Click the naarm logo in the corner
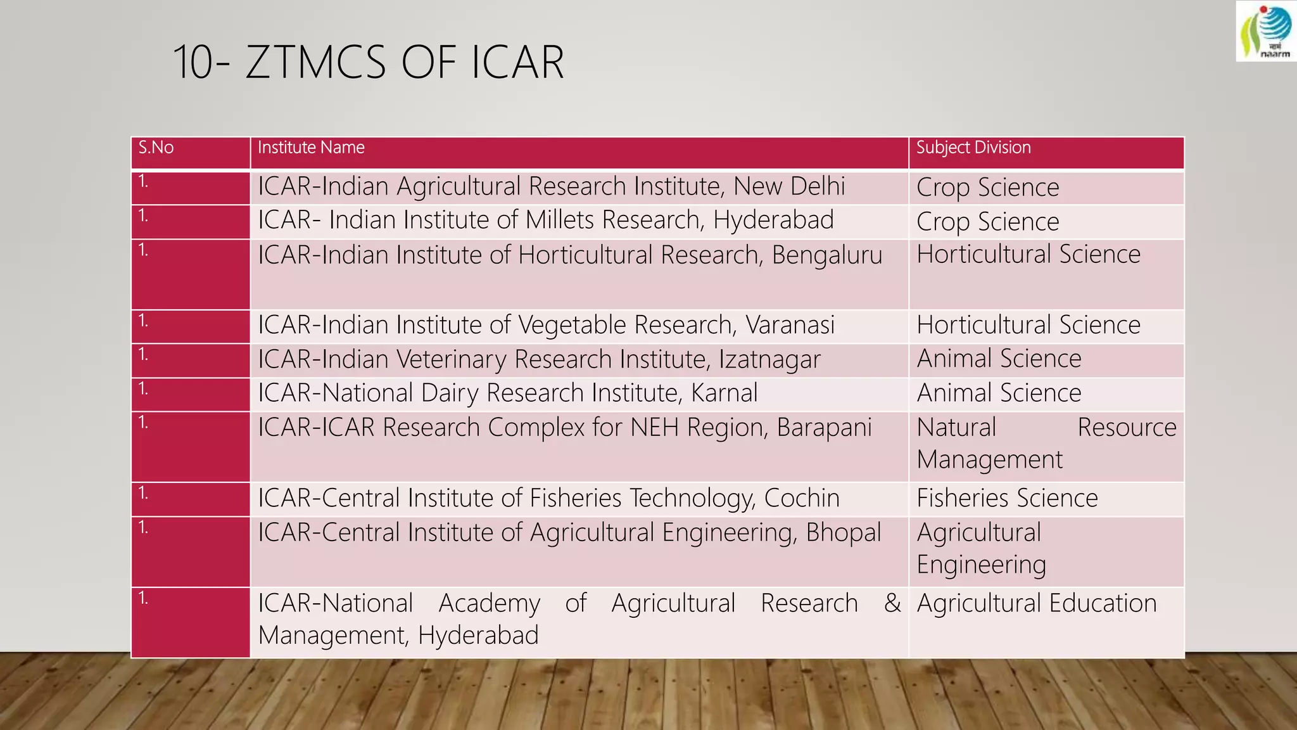click(1266, 31)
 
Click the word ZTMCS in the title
click(315, 62)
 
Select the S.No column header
click(156, 148)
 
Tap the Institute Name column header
click(311, 148)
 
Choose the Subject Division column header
click(973, 148)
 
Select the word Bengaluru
click(826, 255)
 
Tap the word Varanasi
click(790, 325)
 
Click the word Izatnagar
click(769, 359)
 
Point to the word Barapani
click(824, 428)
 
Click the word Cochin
click(802, 498)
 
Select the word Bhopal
click(843, 533)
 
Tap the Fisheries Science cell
click(1007, 498)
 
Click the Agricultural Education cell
click(1037, 603)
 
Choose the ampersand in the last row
click(892, 603)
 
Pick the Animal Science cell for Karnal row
click(999, 393)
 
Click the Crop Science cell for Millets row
click(987, 222)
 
